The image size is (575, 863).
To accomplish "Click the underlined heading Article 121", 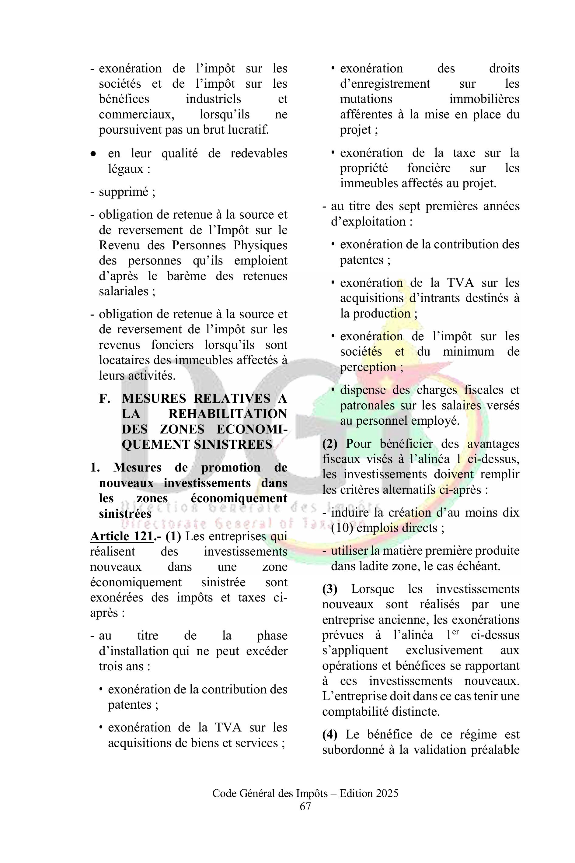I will pos(121,536).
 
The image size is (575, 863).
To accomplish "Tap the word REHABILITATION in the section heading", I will pos(227,414).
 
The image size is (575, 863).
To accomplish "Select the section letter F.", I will pos(105,398).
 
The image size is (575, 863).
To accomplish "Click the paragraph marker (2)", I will pos(330,444).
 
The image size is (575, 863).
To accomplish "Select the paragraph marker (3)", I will pos(330,589).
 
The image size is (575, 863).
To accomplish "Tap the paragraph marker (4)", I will pos(330,735).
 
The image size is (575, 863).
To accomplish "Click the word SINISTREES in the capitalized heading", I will pos(233,444).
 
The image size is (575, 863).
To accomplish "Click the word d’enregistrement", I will pos(385,84).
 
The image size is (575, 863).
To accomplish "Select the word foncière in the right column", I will pos(429,168).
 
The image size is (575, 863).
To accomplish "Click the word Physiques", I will pos(260,245).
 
